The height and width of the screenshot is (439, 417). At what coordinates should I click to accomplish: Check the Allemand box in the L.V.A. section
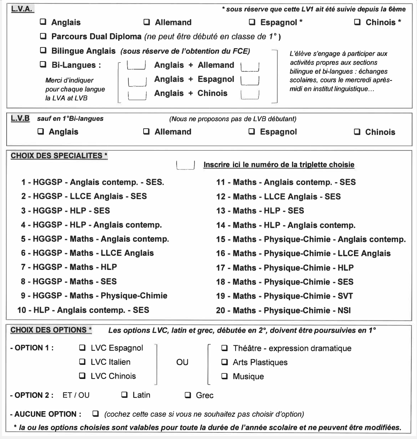tap(147, 22)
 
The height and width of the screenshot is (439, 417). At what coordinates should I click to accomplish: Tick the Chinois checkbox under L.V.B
tap(357, 132)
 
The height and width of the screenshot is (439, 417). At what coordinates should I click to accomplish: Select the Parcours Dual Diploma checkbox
tap(43, 36)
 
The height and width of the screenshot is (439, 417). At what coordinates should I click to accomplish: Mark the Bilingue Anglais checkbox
tap(43, 50)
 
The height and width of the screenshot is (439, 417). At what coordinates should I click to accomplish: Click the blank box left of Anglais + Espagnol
tap(136, 80)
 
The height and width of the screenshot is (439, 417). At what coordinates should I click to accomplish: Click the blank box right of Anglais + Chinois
tap(250, 95)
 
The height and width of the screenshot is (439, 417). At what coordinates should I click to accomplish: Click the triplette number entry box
tap(186, 165)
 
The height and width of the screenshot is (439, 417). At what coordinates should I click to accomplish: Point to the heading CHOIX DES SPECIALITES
tap(59, 156)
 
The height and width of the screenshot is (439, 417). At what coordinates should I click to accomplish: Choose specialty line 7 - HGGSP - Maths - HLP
tap(69, 267)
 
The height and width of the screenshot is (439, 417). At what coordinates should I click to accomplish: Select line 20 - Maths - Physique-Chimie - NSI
tap(283, 310)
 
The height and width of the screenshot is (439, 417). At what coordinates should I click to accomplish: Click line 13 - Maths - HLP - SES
tap(260, 211)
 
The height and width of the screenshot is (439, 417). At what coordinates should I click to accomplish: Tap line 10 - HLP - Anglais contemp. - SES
tap(83, 310)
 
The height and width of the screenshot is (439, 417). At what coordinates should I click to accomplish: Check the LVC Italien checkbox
tap(82, 362)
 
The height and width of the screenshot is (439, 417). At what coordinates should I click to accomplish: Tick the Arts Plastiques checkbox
tap(224, 362)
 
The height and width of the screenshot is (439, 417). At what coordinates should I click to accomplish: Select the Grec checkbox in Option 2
tap(188, 395)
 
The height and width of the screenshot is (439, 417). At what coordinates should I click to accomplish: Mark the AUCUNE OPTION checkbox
tap(95, 413)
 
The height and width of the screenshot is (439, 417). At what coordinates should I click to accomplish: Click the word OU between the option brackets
tap(182, 362)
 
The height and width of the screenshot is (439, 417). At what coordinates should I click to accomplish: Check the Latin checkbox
tap(125, 395)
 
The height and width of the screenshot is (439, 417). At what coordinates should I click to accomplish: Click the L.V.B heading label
tap(20, 119)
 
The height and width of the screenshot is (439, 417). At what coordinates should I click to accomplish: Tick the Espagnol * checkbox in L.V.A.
tap(252, 22)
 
